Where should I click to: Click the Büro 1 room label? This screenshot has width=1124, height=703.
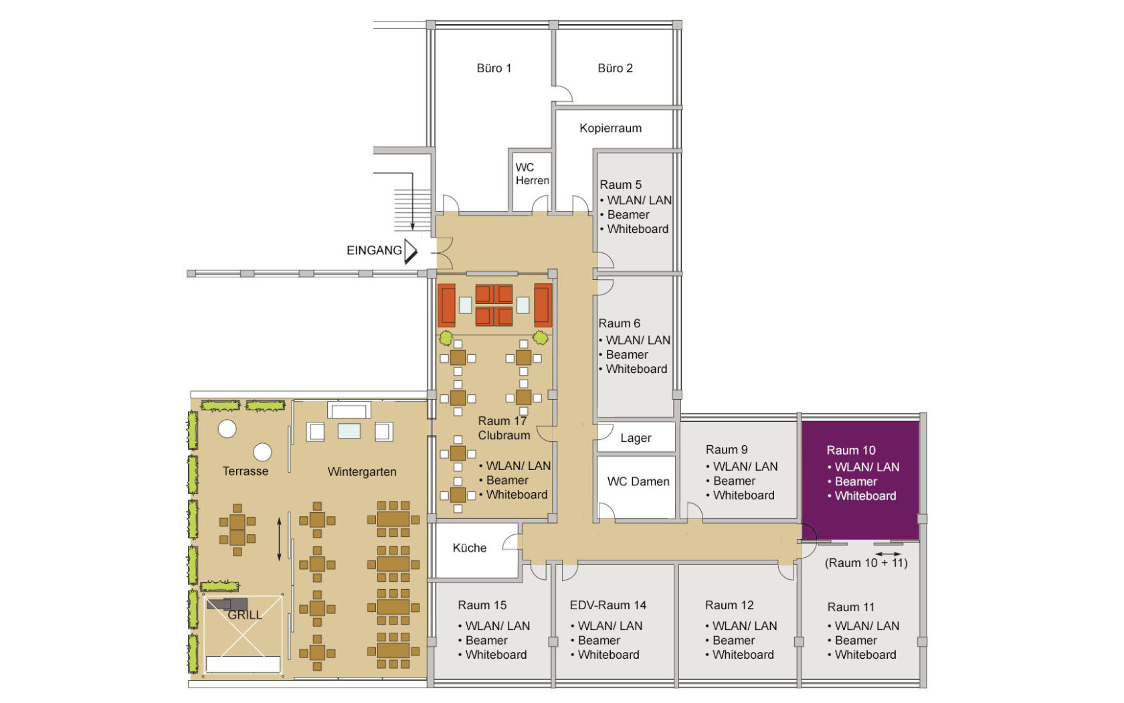click(494, 68)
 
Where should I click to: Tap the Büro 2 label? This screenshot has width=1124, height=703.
click(615, 68)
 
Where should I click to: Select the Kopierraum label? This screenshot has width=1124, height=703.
click(610, 128)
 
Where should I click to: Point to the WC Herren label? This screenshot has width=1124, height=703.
click(532, 174)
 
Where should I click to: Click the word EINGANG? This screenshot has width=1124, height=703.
click(374, 250)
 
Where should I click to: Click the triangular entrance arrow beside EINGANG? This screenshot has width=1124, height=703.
click(410, 251)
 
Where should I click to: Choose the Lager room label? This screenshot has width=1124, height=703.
click(635, 438)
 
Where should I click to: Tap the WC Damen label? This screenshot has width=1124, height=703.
click(638, 481)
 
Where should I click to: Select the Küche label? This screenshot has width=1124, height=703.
click(469, 548)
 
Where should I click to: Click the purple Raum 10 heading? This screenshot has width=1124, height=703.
click(850, 451)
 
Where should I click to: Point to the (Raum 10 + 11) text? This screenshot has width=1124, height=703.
click(866, 563)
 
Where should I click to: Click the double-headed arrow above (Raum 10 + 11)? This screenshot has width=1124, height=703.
click(888, 554)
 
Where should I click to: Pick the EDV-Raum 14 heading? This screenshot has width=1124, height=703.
click(607, 605)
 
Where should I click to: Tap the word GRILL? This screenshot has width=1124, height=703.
click(244, 615)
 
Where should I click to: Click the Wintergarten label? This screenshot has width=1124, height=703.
click(361, 472)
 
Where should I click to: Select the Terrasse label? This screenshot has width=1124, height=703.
click(245, 471)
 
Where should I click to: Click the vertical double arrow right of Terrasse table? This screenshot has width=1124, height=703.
click(280, 538)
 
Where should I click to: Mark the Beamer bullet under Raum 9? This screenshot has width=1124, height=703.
click(734, 481)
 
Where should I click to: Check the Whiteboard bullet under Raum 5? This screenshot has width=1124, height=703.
click(637, 229)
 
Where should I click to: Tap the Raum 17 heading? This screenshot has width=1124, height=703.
click(502, 421)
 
